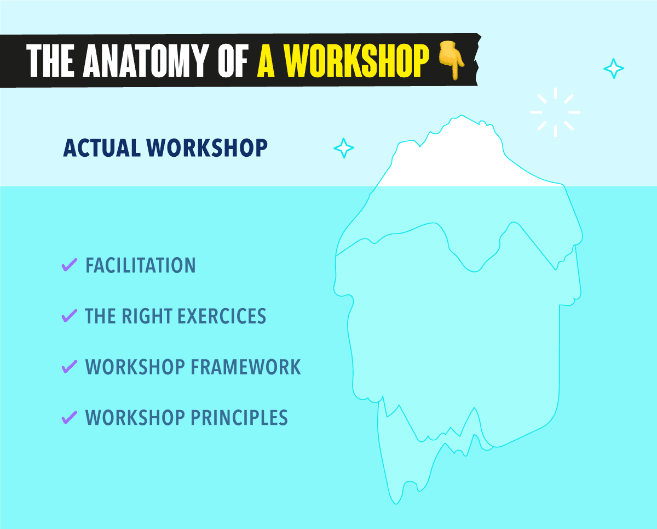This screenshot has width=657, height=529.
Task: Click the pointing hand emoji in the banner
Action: pos(451,61)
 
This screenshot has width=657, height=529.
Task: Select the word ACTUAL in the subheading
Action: pos(102,148)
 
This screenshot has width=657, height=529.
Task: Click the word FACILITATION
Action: pos(141,266)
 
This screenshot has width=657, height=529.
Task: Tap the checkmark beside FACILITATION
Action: pos(69,265)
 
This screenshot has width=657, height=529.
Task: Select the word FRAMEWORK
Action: pos(246,367)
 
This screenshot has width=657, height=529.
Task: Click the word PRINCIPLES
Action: pos(239,418)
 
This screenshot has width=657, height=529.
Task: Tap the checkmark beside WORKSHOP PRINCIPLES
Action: pos(69,417)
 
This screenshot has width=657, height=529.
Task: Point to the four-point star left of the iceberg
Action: pos(344,148)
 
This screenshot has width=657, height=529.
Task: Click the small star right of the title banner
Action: pos(613,69)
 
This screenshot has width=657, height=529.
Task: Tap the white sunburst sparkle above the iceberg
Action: pos(555,112)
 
